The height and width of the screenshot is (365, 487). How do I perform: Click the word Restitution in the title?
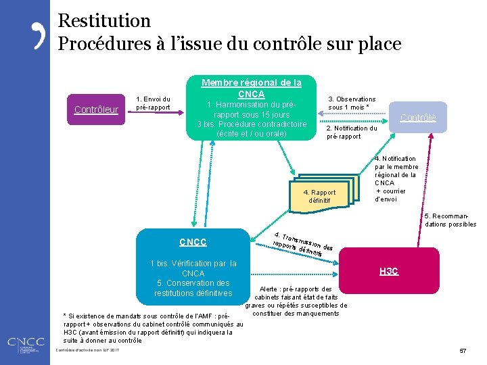[104, 21]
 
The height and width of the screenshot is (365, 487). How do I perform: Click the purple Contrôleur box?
[95, 109]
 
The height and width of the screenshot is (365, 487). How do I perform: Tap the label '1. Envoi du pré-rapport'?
[153, 103]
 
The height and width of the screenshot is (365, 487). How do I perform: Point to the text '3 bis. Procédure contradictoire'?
[251, 124]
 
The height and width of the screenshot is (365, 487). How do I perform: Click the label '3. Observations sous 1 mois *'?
[351, 103]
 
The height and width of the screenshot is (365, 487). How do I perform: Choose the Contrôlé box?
[417, 117]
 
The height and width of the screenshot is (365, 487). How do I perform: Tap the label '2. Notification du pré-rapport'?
[351, 132]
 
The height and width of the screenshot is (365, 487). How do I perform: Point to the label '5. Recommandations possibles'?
[450, 220]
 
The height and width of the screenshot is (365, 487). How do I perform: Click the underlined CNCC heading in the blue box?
[193, 242]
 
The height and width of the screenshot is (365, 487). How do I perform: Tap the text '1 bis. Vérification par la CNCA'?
[193, 268]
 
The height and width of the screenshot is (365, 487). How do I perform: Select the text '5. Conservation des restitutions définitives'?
[193, 288]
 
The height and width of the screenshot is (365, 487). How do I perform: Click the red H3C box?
[388, 271]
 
